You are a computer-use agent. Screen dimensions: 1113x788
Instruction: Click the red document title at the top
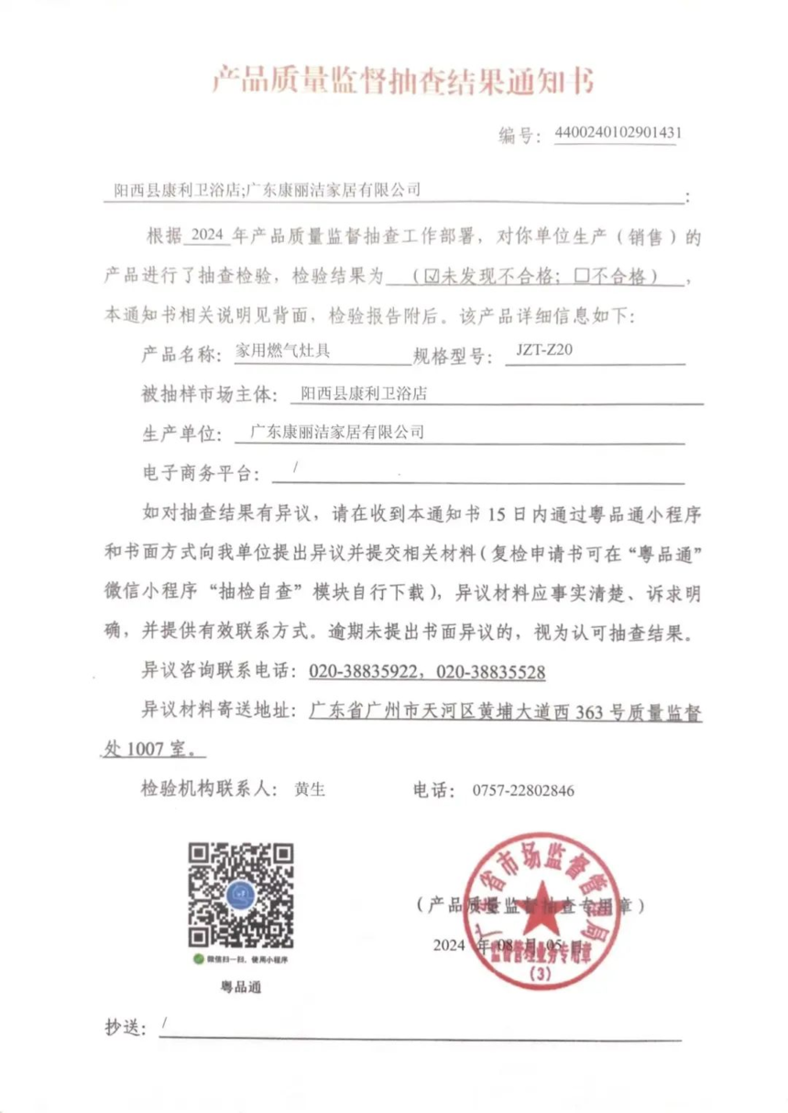[403, 82]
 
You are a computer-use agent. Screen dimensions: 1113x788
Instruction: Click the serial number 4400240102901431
[618, 132]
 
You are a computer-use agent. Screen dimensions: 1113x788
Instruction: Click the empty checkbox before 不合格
[578, 274]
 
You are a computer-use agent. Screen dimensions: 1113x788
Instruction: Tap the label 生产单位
[178, 432]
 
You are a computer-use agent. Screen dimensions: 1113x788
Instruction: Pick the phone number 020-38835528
[491, 672]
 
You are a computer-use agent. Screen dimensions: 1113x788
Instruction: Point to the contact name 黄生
[311, 788]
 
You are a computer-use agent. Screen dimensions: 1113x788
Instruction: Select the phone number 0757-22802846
[523, 789]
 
